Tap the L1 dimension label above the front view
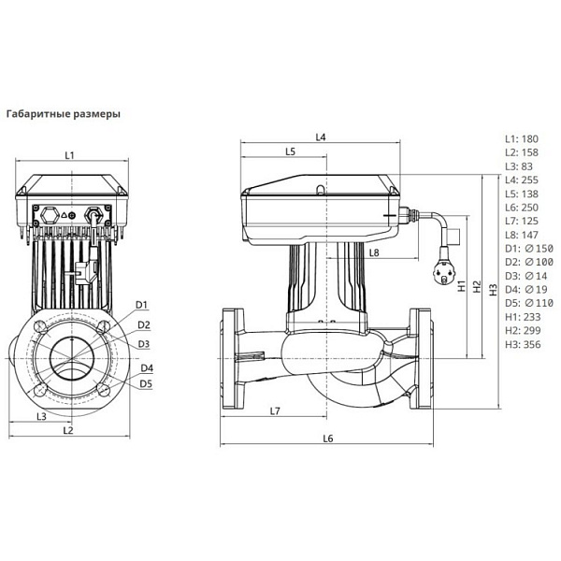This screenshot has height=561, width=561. point(69,154)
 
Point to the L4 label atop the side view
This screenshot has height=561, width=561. point(321,137)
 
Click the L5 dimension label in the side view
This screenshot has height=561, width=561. point(290,151)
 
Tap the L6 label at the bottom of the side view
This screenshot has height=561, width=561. point(326,438)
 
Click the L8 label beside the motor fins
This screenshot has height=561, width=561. point(373,252)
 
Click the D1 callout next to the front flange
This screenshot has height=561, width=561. point(142,305)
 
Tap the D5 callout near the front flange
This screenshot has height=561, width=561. point(147,383)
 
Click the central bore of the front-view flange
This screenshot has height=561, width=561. point(70,358)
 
